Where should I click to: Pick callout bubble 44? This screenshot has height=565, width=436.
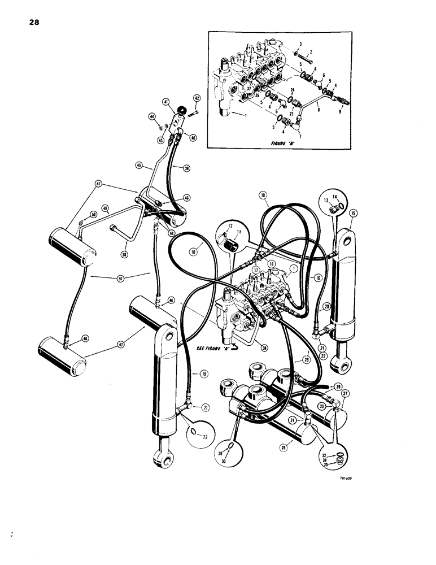[152, 116]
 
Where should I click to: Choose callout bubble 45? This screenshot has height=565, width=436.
[139, 166]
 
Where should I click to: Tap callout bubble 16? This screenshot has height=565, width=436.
[318, 277]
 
